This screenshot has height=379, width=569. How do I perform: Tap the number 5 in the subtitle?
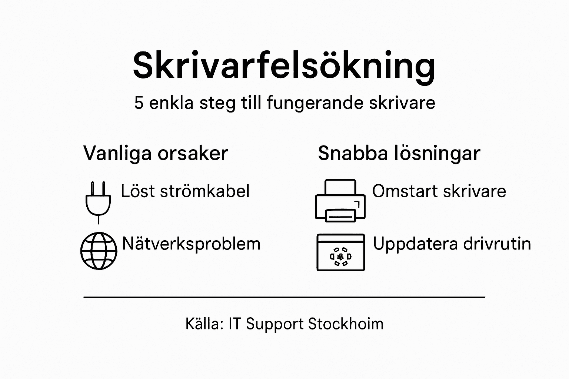(139, 103)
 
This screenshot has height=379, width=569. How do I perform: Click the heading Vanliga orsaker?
(156, 153)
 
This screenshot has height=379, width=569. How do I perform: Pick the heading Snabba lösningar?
(399, 153)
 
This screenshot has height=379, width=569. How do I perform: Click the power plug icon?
(98, 202)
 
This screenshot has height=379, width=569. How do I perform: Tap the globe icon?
(99, 251)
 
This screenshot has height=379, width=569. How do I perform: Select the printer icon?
(340, 201)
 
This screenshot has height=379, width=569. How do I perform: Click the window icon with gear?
(341, 252)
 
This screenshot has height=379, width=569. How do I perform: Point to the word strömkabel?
(205, 191)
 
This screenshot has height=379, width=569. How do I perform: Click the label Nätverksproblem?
(191, 244)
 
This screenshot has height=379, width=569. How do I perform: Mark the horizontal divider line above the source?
(284, 297)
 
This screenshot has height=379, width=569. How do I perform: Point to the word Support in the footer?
(274, 324)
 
